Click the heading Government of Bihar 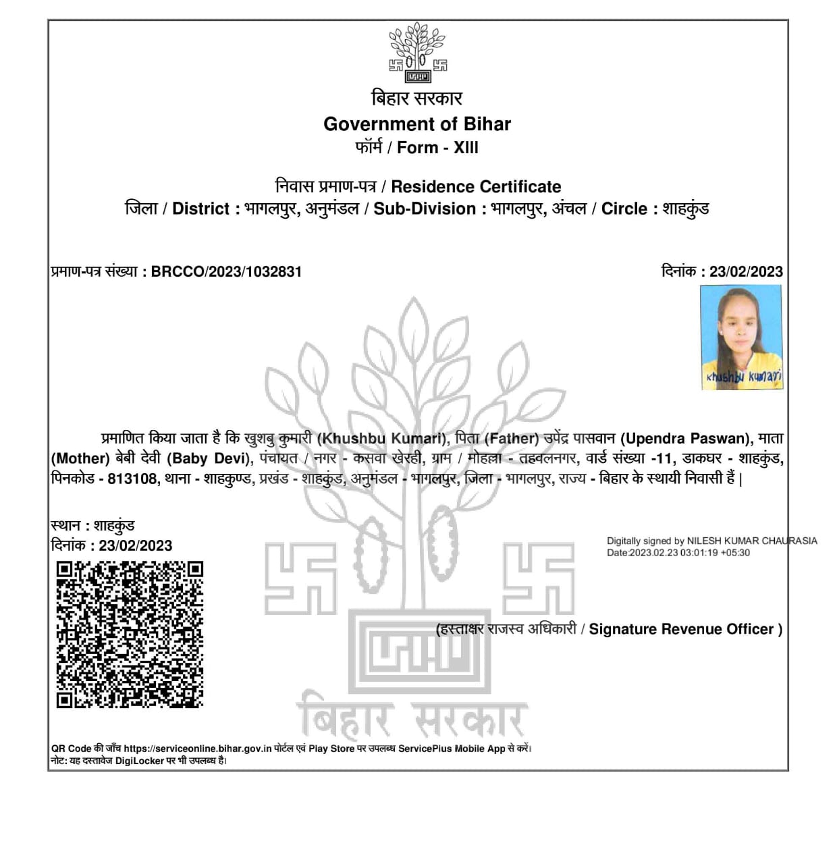point(417,124)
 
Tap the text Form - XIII point(437,147)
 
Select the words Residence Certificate point(476,186)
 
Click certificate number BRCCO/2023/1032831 point(226,271)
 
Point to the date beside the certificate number point(746,271)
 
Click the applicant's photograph point(741,336)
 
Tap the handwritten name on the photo point(744,377)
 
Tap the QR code point(130,634)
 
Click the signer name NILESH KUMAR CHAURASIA point(752,541)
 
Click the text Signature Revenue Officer point(681,629)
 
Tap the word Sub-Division point(425,209)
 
